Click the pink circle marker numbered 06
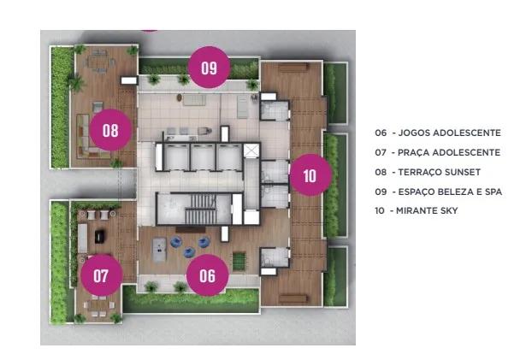(208, 275)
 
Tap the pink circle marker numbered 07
(101, 275)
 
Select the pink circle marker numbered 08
(111, 130)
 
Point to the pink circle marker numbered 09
(209, 67)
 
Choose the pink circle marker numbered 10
(310, 174)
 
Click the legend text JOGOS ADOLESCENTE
(450, 133)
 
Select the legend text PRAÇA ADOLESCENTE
(449, 152)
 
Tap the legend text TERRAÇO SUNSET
(440, 172)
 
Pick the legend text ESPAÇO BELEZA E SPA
(450, 192)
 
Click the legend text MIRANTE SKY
(427, 210)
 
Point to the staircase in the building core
(201, 209)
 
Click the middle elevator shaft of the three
(203, 157)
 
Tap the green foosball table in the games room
(239, 261)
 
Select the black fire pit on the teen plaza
(100, 237)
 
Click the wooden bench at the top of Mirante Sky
(293, 68)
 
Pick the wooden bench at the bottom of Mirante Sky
(293, 298)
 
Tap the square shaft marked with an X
(251, 150)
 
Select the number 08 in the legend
(381, 172)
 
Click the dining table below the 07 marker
(99, 305)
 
